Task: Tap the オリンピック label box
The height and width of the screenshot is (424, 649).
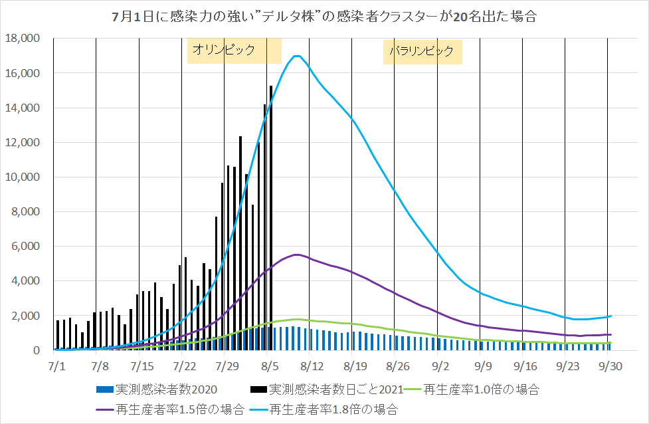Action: (234, 50)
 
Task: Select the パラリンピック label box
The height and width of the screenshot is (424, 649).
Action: (422, 51)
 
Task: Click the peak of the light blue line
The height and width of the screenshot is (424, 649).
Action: (296, 56)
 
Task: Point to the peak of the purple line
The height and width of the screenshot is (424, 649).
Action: (297, 255)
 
